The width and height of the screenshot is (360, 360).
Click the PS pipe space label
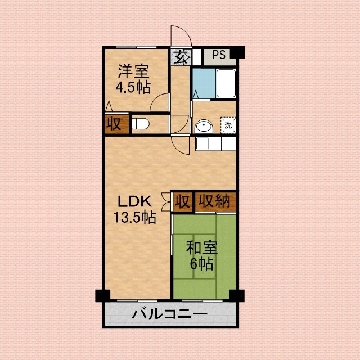(219, 55)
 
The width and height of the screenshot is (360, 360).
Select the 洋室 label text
(134, 71)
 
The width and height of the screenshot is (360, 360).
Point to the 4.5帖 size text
(133, 87)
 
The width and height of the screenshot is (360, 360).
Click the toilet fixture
(141, 124)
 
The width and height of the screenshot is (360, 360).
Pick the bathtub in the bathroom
(226, 83)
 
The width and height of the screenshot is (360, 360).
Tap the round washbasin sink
(204, 127)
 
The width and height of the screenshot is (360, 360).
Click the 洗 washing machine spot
(228, 125)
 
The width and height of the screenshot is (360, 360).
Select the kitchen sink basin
(202, 143)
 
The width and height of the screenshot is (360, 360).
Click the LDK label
(134, 201)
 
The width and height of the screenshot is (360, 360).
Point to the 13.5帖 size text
(135, 217)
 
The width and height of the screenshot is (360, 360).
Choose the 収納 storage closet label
(214, 201)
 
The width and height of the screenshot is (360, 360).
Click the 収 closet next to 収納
(182, 202)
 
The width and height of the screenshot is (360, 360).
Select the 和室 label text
(201, 247)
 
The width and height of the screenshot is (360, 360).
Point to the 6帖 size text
(201, 264)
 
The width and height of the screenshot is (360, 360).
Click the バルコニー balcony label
(169, 314)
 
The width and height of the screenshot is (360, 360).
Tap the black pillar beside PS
(237, 52)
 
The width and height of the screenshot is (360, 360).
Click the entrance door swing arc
(186, 31)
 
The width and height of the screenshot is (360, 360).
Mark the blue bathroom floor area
(204, 83)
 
